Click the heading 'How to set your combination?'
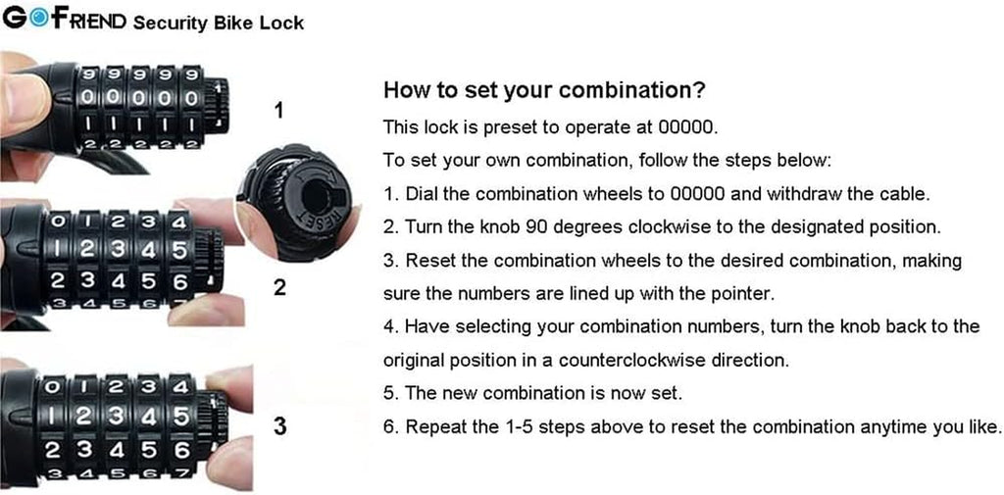point(543,90)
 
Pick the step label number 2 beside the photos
point(279,290)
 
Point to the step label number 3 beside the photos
point(279,426)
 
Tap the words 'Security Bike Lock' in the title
point(218,22)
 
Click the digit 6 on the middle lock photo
point(180,280)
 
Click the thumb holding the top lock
point(22,103)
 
